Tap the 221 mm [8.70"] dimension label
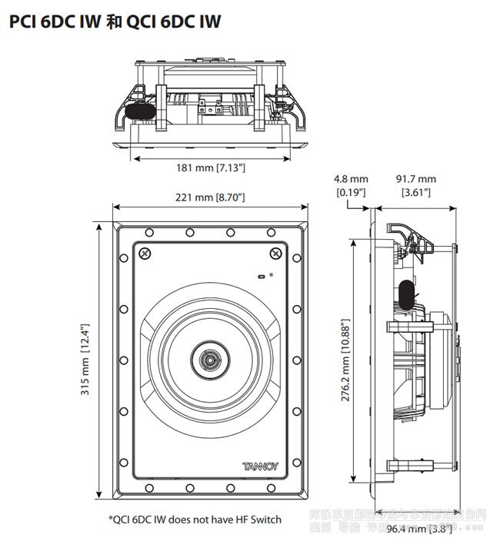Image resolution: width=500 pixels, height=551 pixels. click(x=210, y=197)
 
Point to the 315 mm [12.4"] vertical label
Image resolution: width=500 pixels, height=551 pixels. click(x=87, y=360)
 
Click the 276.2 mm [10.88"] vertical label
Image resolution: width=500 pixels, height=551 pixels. click(x=347, y=361)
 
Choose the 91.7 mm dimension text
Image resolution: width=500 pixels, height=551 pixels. click(x=415, y=179)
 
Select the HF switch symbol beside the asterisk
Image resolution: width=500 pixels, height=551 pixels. click(x=260, y=275)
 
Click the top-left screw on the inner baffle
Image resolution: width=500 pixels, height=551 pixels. click(x=144, y=254)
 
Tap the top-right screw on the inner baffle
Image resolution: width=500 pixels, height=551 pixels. click(x=275, y=254)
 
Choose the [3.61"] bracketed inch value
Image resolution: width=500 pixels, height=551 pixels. click(x=415, y=192)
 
